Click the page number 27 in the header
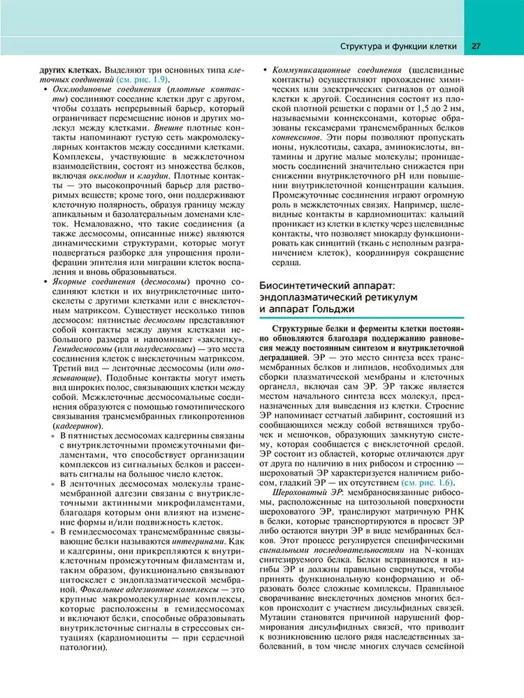475,47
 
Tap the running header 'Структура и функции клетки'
398,47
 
